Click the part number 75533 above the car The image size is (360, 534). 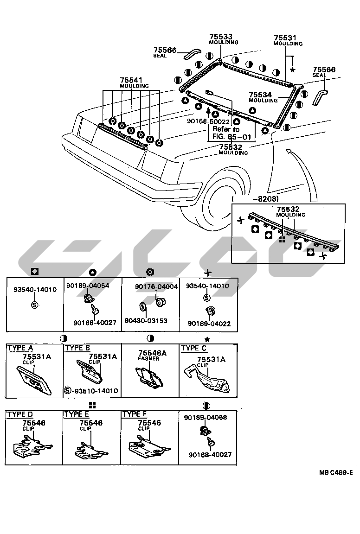coord(220,37)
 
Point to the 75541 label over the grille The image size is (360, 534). coord(131,80)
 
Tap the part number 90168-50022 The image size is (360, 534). coord(208,121)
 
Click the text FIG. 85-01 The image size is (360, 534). coord(231,137)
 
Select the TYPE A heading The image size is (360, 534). coord(20,348)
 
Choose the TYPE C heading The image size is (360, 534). coord(194,348)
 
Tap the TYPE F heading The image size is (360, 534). coord(135,414)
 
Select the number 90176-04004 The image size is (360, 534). coord(156,286)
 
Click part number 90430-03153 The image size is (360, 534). coord(146,320)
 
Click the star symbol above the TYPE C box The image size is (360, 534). coord(208,339)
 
